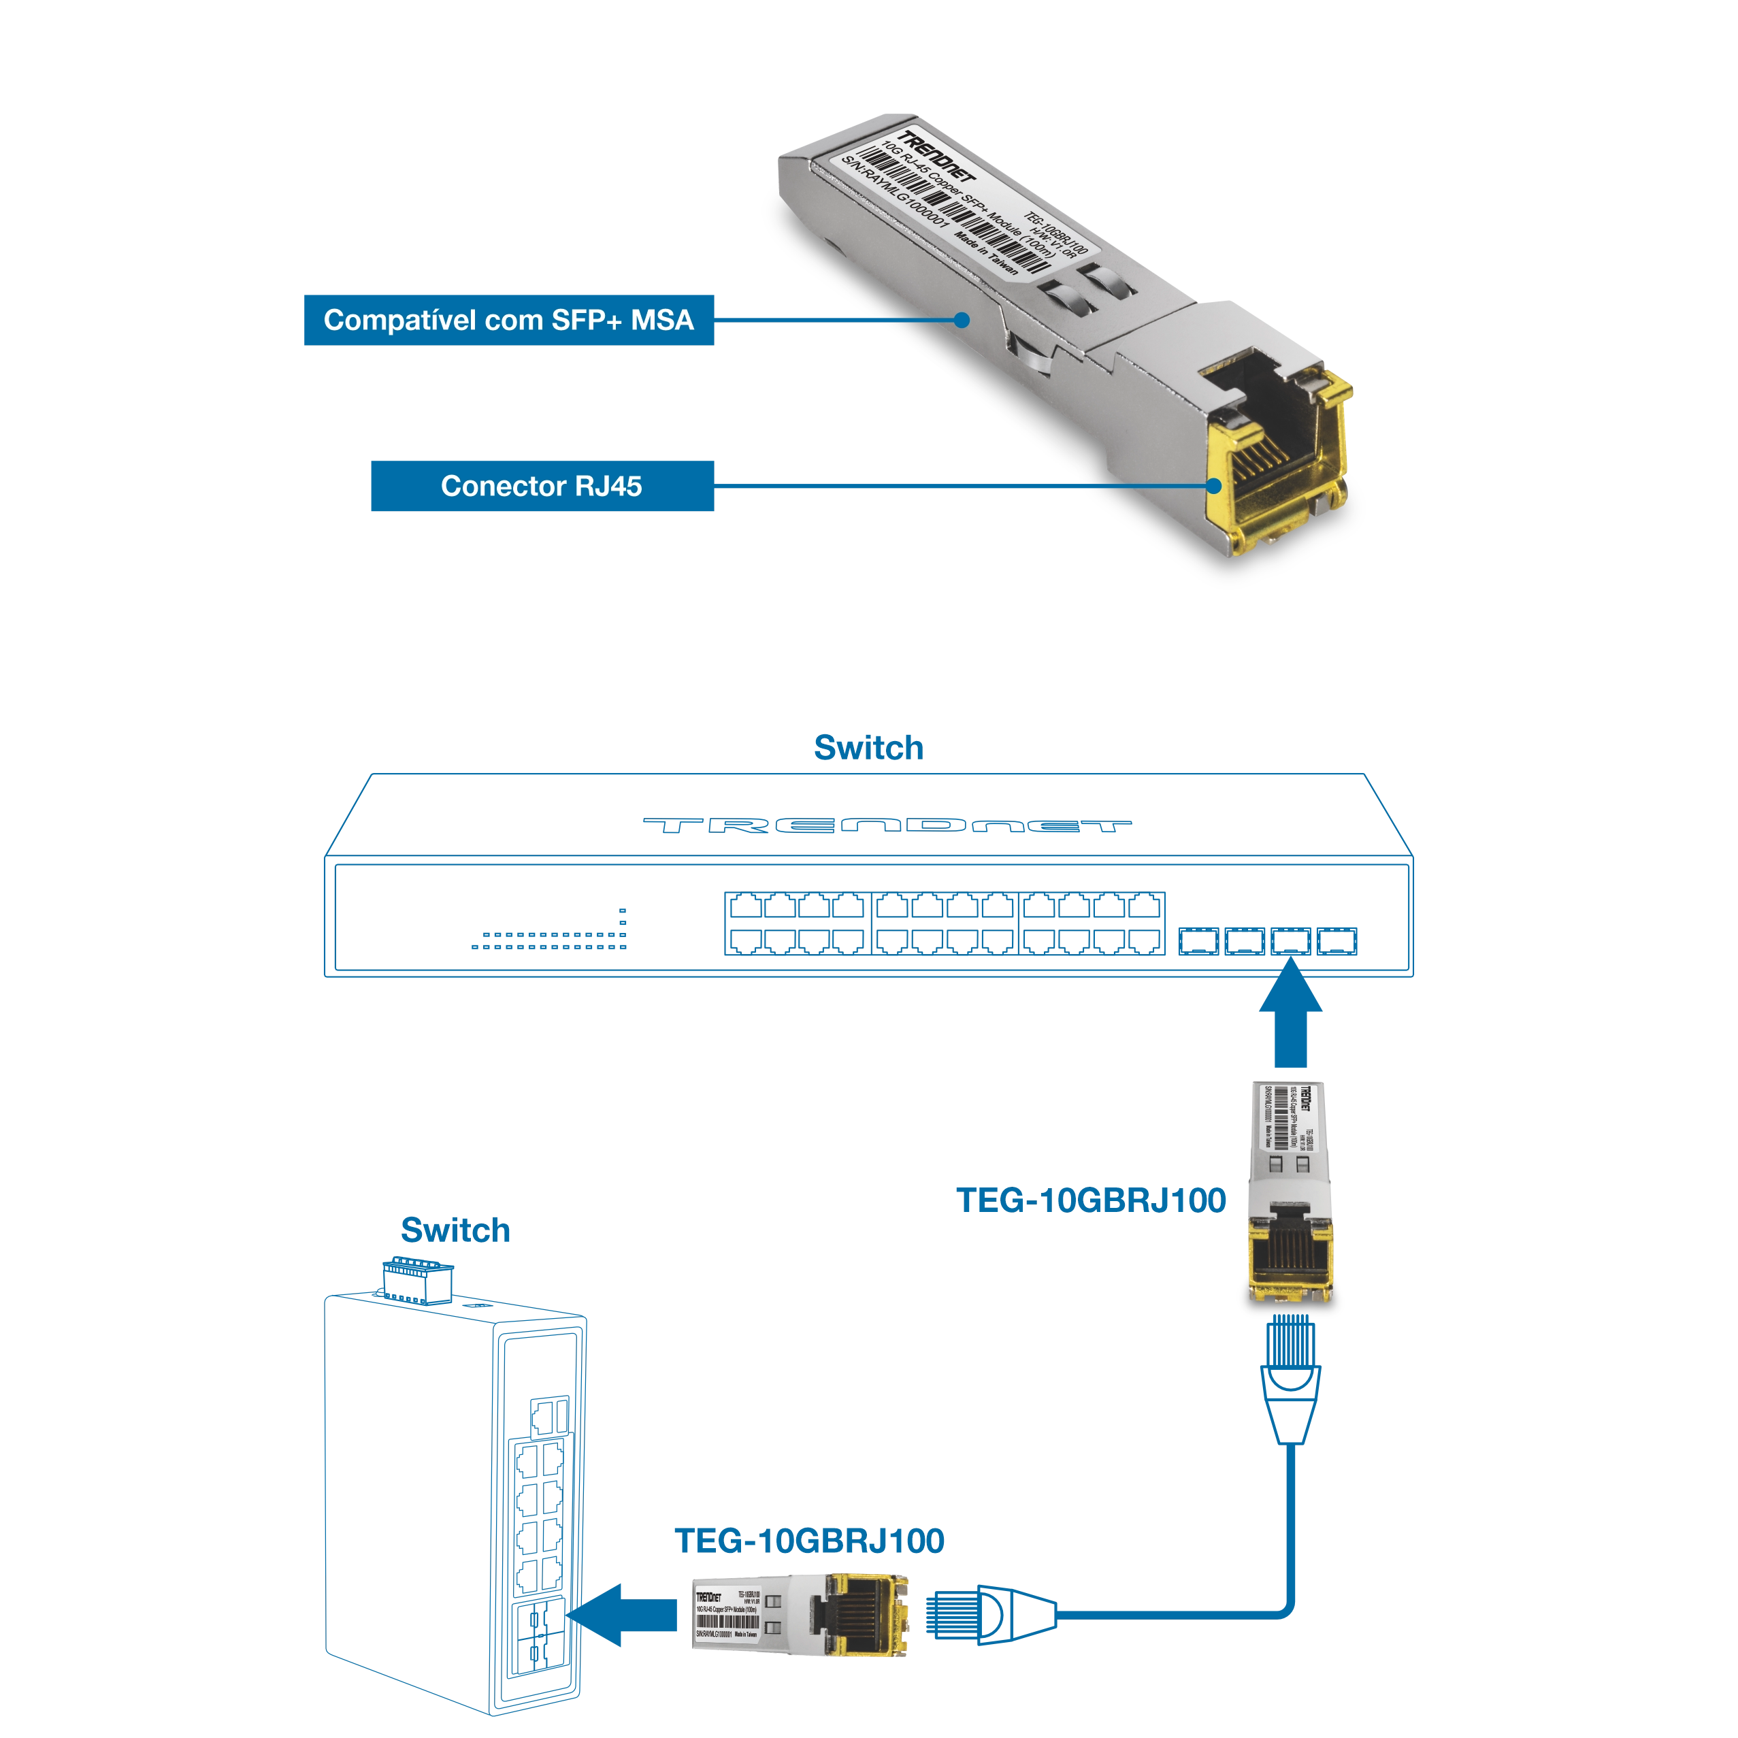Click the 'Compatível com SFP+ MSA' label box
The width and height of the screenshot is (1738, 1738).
coord(509,321)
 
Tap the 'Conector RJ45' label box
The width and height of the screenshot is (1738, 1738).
coord(542,487)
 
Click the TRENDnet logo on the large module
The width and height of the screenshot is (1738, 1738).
coord(936,162)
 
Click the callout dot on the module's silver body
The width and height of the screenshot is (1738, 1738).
coord(962,319)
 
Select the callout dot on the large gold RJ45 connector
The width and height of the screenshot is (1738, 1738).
coord(1213,486)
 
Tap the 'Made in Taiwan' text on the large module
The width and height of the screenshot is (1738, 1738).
coord(986,257)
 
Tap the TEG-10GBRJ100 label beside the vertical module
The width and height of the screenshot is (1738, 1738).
coord(1094,1202)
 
